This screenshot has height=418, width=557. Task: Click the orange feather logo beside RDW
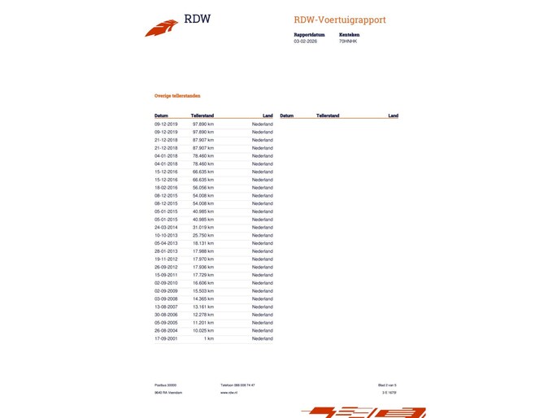coord(161,28)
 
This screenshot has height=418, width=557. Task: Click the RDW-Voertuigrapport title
coord(341,20)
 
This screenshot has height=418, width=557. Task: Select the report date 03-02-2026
coord(305,41)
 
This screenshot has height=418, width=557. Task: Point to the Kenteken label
coord(349,34)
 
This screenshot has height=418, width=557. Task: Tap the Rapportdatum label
coord(309,34)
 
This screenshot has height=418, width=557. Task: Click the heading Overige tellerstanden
coord(177,95)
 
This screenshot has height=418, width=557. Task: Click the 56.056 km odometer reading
coord(202,188)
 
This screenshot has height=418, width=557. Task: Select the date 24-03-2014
coord(166,227)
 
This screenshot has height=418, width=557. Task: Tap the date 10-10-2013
coord(166,235)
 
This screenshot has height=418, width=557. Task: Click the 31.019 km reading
coord(202,227)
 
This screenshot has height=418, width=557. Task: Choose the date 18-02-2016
coord(166,188)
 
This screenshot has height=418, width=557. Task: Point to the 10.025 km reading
coord(202,330)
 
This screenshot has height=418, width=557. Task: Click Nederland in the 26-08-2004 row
coord(262,330)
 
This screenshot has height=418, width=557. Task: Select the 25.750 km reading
coord(202,235)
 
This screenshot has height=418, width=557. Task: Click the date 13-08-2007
coord(166,307)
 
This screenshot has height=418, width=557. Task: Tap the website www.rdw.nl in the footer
coord(228,393)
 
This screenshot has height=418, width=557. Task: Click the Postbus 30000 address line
coord(165,385)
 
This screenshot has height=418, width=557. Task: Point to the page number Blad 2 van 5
coord(387,385)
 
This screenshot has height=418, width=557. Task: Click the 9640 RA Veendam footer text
coord(167,393)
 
